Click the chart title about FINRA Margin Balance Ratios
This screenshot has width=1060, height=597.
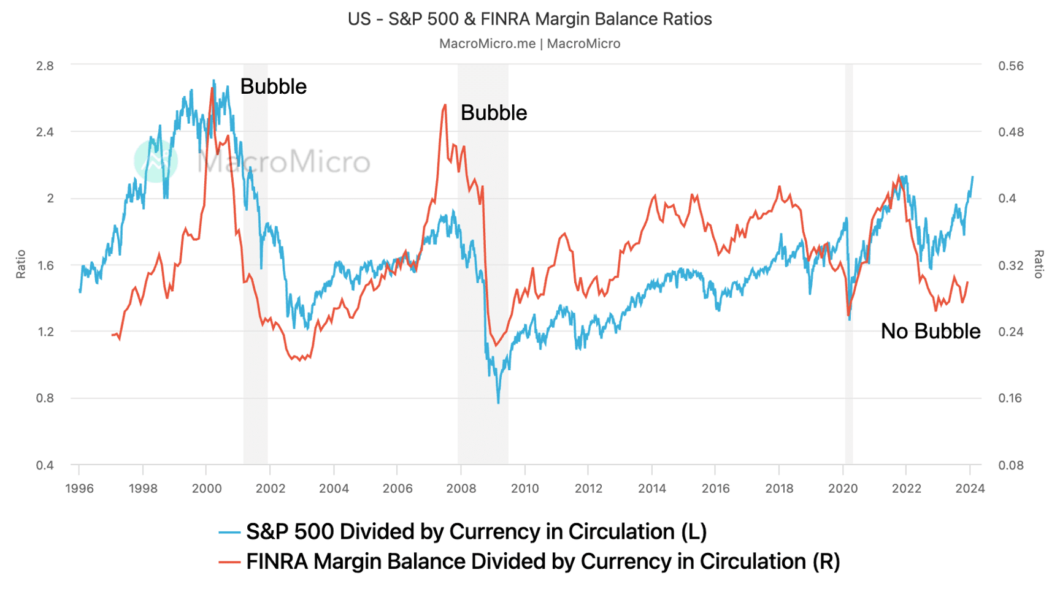[x=529, y=19]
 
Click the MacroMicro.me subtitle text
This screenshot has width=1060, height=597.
[x=529, y=44]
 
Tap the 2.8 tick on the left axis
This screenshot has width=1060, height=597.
[x=45, y=66]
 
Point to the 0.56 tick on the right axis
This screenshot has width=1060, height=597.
[x=1010, y=66]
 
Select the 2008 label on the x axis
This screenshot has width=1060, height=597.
[x=461, y=489]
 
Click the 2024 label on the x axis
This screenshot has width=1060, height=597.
[x=970, y=489]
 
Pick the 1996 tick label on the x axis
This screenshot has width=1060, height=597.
[x=79, y=489]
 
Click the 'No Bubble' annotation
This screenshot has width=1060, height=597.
[x=930, y=332]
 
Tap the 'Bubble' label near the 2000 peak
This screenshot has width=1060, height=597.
[x=273, y=86]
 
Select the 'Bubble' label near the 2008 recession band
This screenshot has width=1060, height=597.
[x=493, y=113]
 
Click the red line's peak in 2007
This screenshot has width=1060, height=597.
[x=444, y=105]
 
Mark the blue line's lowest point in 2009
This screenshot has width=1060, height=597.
[x=498, y=402]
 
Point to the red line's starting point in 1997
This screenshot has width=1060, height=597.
[x=112, y=335]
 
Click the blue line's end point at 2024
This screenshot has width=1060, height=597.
[x=972, y=177]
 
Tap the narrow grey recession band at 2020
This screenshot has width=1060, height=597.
[x=849, y=264]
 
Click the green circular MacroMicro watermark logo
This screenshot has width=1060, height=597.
[x=156, y=161]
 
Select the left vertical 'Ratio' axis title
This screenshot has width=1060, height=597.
[x=21, y=264]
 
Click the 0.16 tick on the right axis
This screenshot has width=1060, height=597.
[x=1010, y=398]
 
